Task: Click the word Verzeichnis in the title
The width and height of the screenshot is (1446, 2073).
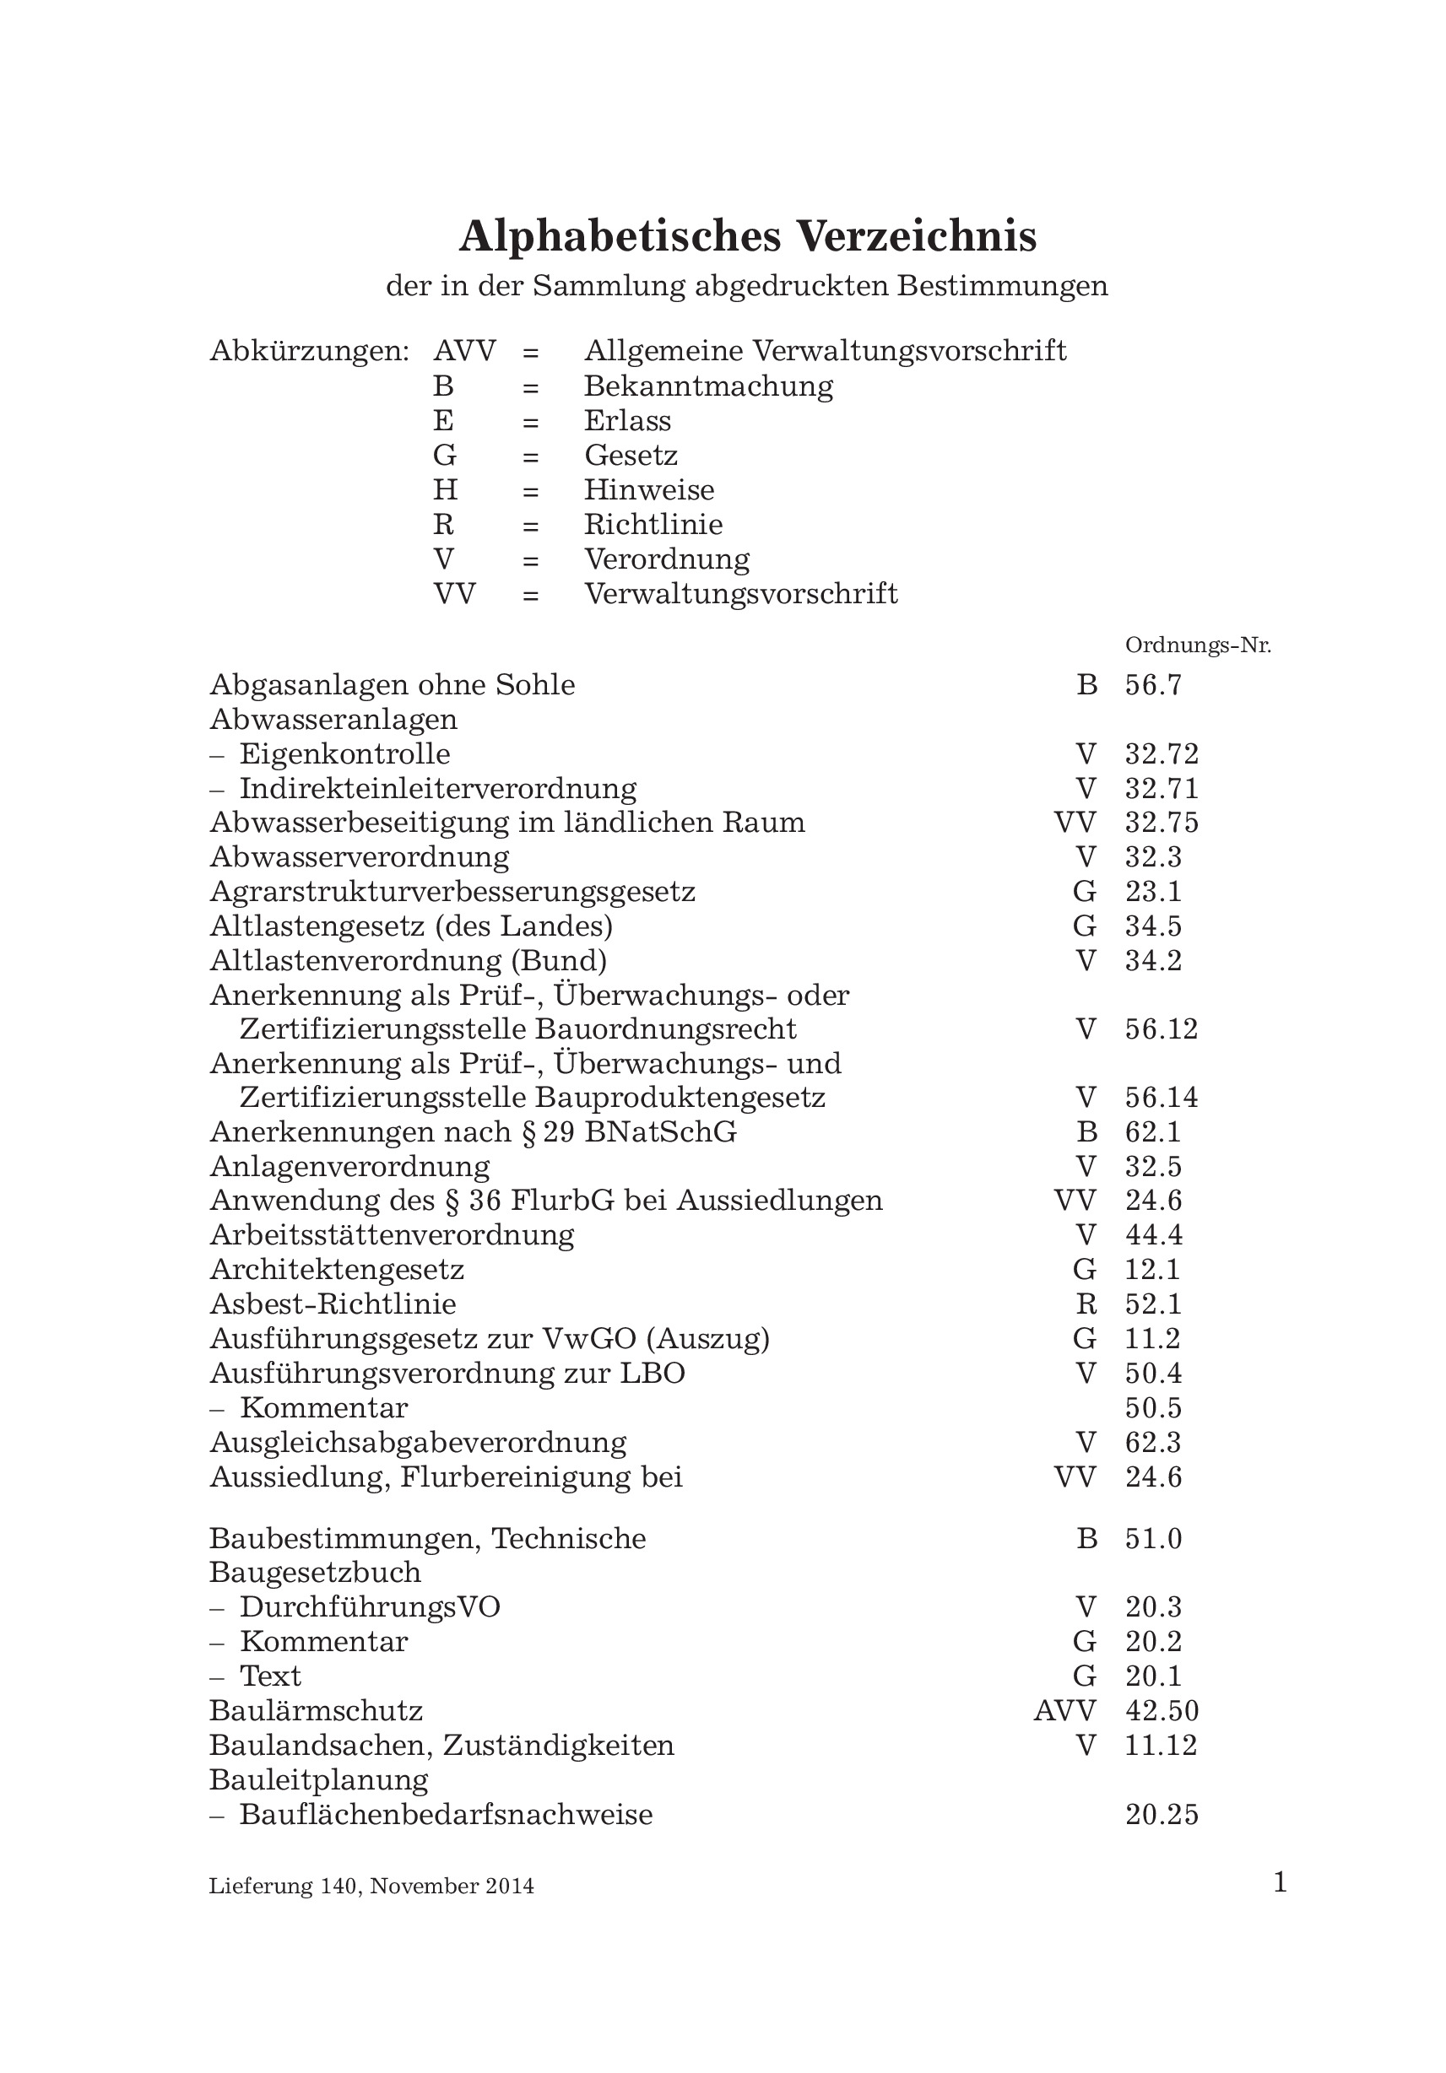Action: coord(916,237)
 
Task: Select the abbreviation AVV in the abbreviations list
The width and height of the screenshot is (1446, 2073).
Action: coord(464,350)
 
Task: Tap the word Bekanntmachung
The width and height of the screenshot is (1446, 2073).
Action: coord(708,386)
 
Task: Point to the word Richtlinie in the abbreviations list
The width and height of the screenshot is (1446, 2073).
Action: coord(653,525)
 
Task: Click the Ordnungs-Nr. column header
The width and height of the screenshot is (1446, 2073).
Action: coord(1198,645)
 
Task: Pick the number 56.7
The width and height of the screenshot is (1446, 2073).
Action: coord(1153,685)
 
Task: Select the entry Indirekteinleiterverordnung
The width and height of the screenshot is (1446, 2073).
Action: coord(437,788)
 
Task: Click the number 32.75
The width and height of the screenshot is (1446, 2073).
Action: coord(1162,823)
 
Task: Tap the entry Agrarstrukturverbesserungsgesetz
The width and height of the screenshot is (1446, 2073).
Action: coord(452,892)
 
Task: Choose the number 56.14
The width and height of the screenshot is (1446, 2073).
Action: coord(1162,1098)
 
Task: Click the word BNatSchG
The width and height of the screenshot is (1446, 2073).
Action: coord(660,1132)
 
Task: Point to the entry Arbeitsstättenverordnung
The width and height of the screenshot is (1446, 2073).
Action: coord(392,1235)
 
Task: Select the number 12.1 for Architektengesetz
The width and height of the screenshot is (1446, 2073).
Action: coord(1152,1271)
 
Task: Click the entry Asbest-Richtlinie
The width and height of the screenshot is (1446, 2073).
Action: coord(333,1304)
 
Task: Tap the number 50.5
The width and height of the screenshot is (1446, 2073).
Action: coord(1153,1408)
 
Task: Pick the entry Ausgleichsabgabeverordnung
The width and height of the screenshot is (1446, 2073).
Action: coord(418,1443)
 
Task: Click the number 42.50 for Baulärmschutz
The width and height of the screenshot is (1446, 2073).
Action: coord(1162,1711)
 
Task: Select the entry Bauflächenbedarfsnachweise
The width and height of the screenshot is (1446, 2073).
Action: coord(445,1815)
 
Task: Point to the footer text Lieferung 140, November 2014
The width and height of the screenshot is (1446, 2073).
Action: coord(371,1886)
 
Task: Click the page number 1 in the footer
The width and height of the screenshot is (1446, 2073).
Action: coord(1279,1883)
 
